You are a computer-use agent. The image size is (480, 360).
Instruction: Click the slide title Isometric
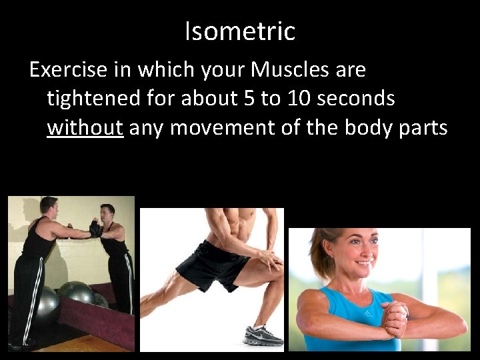tap(240, 31)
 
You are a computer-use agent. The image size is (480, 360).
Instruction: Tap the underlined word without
tap(85, 127)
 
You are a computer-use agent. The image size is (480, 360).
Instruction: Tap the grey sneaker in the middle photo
tap(261, 336)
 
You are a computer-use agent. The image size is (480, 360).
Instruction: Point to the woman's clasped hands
tap(396, 319)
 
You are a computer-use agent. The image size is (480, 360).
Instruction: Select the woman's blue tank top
tap(347, 320)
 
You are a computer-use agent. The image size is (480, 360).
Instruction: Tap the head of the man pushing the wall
tap(48, 207)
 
